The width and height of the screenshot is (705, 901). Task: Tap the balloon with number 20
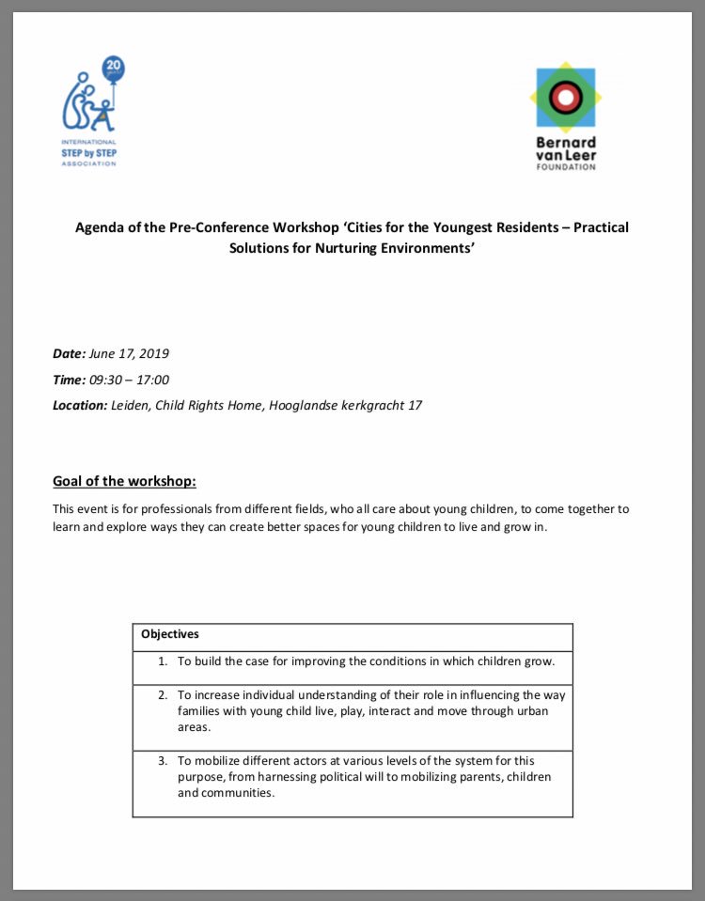point(114,69)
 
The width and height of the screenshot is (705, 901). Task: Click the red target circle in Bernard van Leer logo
point(566,95)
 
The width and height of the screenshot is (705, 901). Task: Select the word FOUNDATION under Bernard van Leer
point(565,167)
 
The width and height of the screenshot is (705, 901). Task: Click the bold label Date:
point(69,354)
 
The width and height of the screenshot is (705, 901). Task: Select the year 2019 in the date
point(153,354)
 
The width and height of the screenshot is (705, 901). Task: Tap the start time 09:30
point(105,380)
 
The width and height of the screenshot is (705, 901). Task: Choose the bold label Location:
point(80,405)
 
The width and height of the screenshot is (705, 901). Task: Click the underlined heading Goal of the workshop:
point(124,482)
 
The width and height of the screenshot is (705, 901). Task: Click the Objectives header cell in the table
point(170,634)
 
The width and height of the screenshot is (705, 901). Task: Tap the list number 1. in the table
point(163,660)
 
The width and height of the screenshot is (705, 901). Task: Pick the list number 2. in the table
point(163,695)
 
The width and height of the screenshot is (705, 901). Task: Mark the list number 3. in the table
point(163,759)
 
